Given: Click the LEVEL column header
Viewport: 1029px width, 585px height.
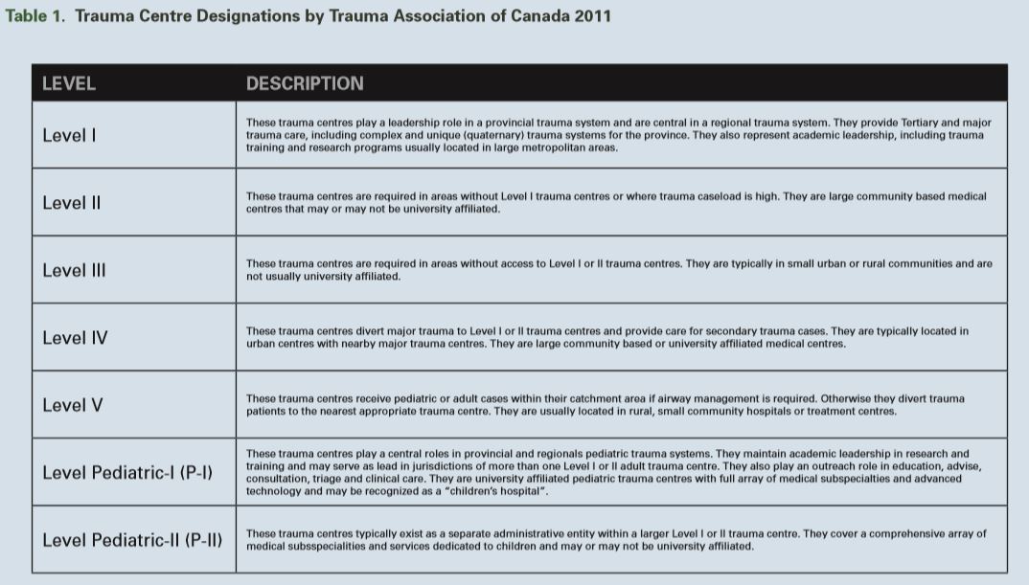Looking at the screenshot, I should click(x=69, y=83).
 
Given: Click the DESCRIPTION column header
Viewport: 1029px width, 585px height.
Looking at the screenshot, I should click(x=305, y=83).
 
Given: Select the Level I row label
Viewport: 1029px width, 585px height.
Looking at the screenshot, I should click(x=70, y=135).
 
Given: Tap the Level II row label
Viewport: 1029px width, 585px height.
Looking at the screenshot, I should click(x=72, y=203).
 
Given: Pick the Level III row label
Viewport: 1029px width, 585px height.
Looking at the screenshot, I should click(x=75, y=270).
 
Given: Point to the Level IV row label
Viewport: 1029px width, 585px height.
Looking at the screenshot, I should click(x=75, y=338).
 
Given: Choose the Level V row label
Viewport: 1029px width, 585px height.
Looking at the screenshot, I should click(x=73, y=405).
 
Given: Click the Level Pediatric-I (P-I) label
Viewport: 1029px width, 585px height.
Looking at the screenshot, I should click(x=127, y=472).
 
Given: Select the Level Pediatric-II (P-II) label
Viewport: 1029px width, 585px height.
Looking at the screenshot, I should click(x=132, y=540).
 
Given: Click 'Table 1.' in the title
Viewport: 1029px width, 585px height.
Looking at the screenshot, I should click(x=36, y=16).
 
